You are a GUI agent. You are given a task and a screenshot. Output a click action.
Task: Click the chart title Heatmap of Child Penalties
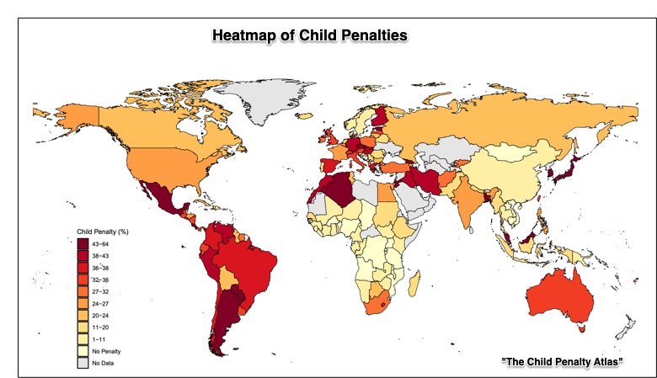pyautogui.click(x=309, y=35)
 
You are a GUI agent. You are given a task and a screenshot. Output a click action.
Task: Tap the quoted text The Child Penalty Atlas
pyautogui.click(x=561, y=360)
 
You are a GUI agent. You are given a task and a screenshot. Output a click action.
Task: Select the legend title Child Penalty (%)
pyautogui.click(x=102, y=230)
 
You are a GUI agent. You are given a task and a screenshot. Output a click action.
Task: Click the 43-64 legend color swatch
pyautogui.click(x=83, y=243)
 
